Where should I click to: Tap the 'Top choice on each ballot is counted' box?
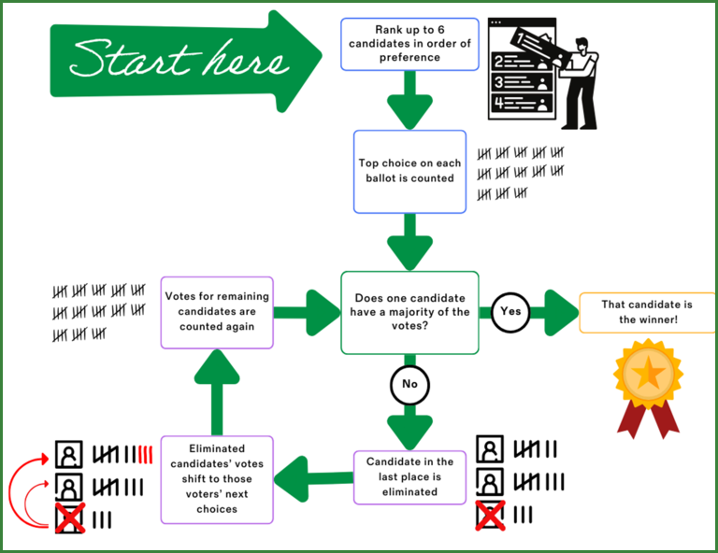click(409, 171)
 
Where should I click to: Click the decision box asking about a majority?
click(409, 312)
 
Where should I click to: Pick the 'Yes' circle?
click(510, 312)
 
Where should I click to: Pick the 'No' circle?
click(409, 383)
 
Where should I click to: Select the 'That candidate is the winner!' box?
click(648, 312)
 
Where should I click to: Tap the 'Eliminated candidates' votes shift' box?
click(217, 478)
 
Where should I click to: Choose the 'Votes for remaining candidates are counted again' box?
click(217, 312)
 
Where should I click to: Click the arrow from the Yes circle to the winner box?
click(557, 312)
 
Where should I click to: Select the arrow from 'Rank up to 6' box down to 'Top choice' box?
click(409, 101)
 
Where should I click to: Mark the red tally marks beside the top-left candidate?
click(144, 455)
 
